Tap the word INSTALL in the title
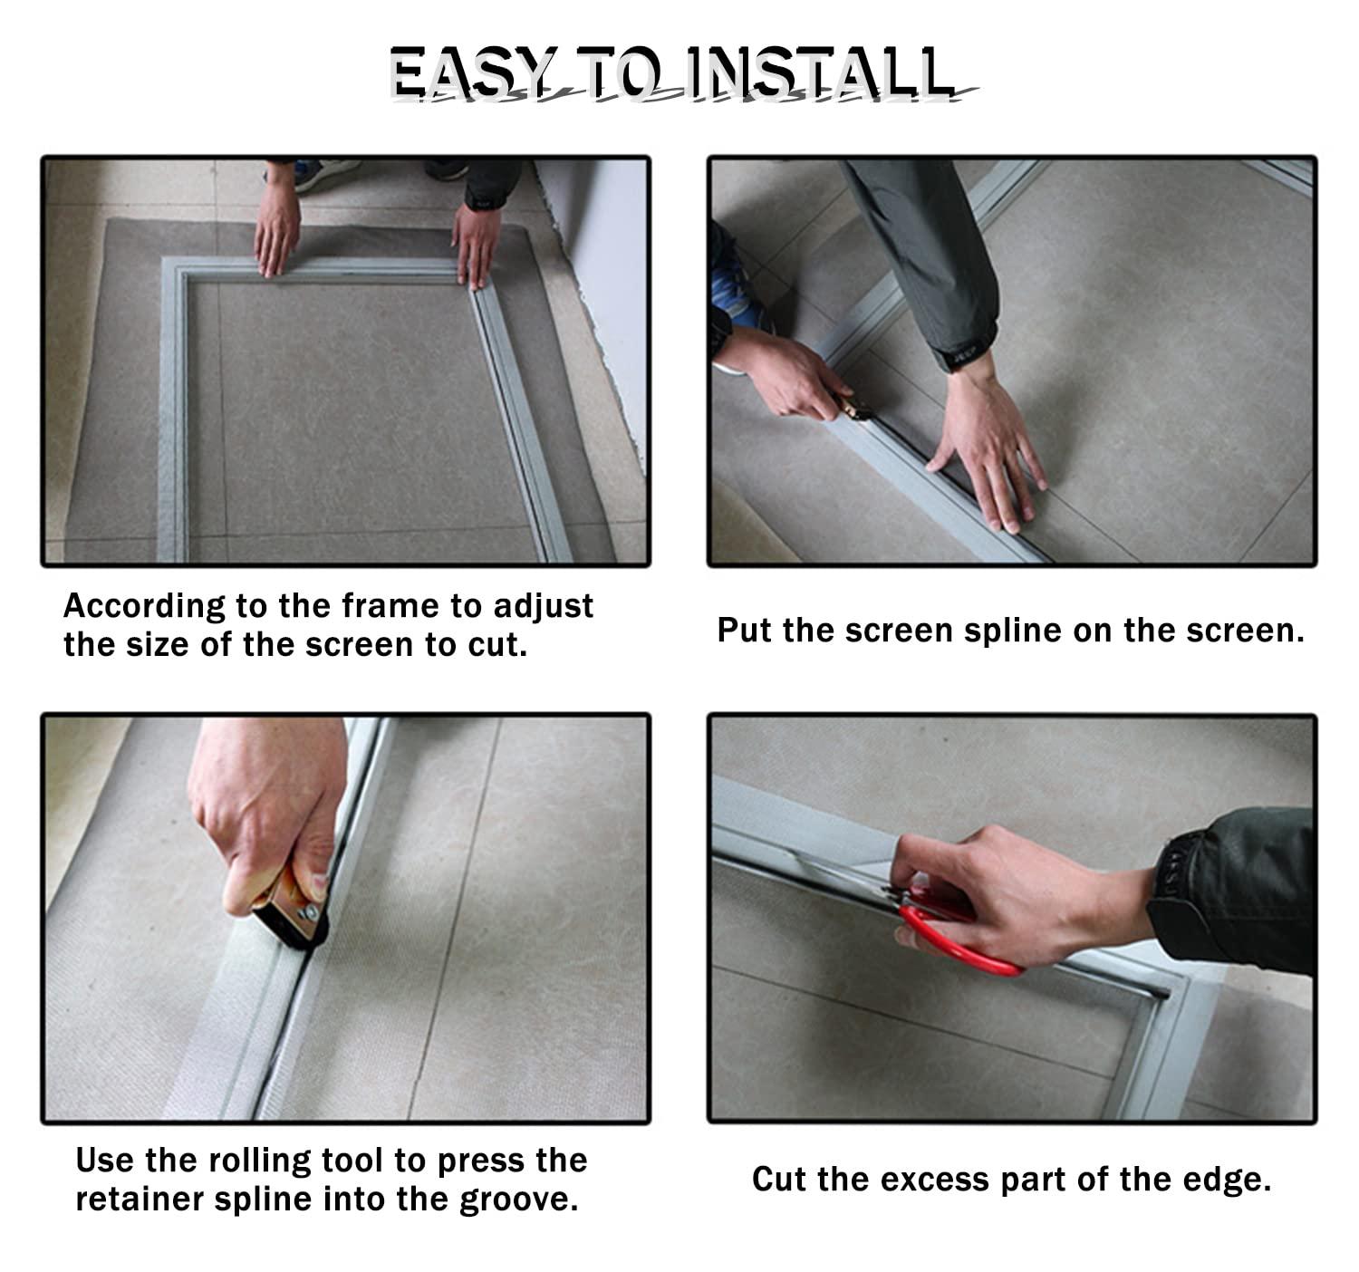click(x=820, y=72)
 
